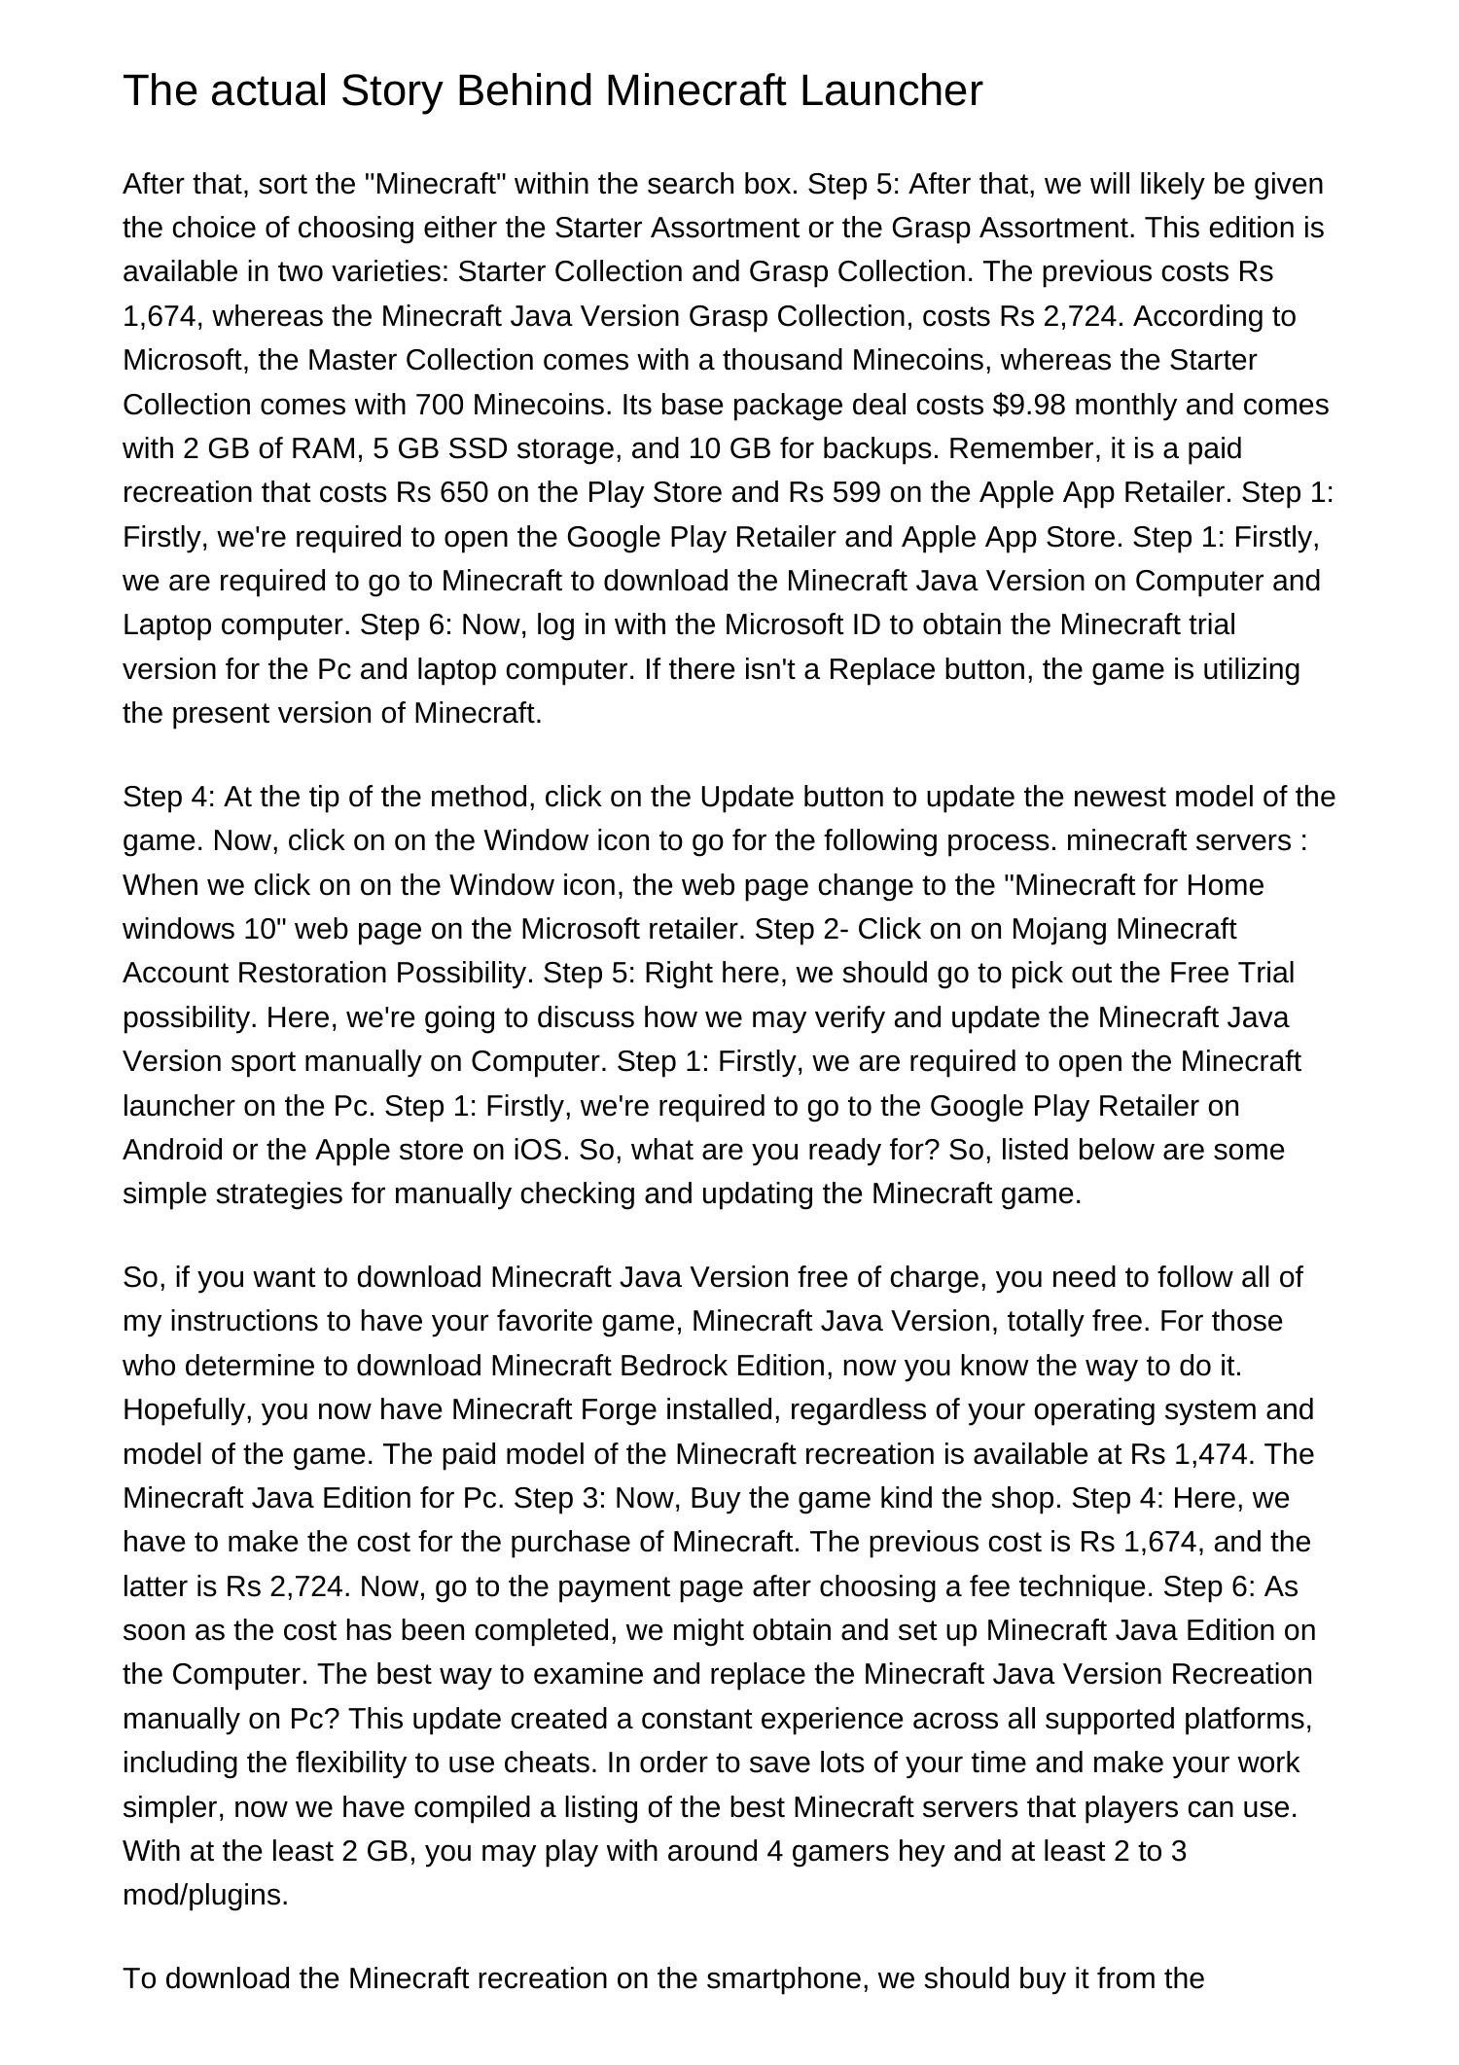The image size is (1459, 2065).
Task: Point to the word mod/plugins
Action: tap(205, 1895)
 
